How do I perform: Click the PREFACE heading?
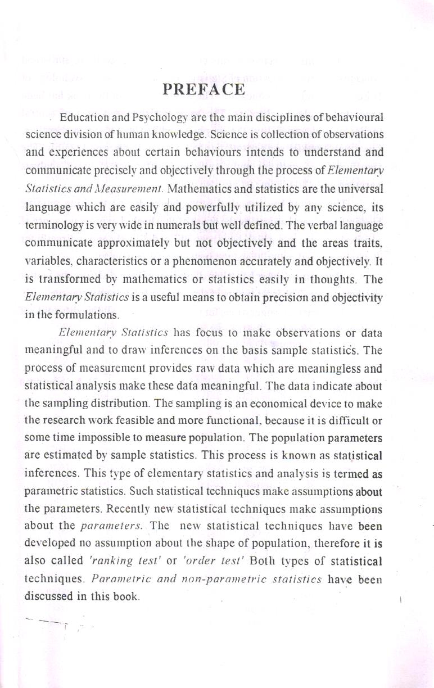click(204, 90)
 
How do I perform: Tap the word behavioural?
click(351, 117)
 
